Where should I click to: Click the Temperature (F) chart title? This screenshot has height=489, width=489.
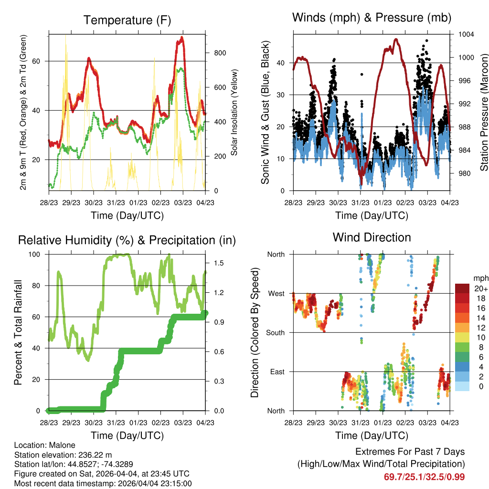[127, 20]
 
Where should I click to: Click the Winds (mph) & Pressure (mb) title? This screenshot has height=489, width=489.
[372, 18]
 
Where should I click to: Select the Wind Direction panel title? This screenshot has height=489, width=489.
[372, 237]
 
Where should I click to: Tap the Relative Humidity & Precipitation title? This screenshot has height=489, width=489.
[127, 241]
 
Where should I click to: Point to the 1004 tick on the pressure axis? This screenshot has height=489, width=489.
[466, 34]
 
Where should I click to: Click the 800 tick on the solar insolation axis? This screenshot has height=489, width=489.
[220, 53]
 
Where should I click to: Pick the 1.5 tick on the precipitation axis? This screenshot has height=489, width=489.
[219, 263]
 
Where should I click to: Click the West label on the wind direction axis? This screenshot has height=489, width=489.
[276, 294]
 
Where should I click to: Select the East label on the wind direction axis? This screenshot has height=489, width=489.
[277, 372]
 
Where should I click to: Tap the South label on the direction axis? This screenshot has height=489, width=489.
[275, 333]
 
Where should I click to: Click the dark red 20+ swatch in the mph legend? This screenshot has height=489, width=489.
[462, 288]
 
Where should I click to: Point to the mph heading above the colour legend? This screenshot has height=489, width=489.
[480, 278]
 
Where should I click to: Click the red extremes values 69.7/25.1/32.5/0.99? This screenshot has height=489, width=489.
[424, 477]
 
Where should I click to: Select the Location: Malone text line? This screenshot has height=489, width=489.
[44, 445]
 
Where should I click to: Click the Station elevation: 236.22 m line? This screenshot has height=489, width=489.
[63, 455]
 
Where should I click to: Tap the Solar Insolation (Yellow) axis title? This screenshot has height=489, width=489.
[234, 112]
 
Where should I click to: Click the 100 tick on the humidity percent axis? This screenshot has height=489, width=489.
[34, 254]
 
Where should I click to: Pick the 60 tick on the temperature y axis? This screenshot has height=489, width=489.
[36, 61]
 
